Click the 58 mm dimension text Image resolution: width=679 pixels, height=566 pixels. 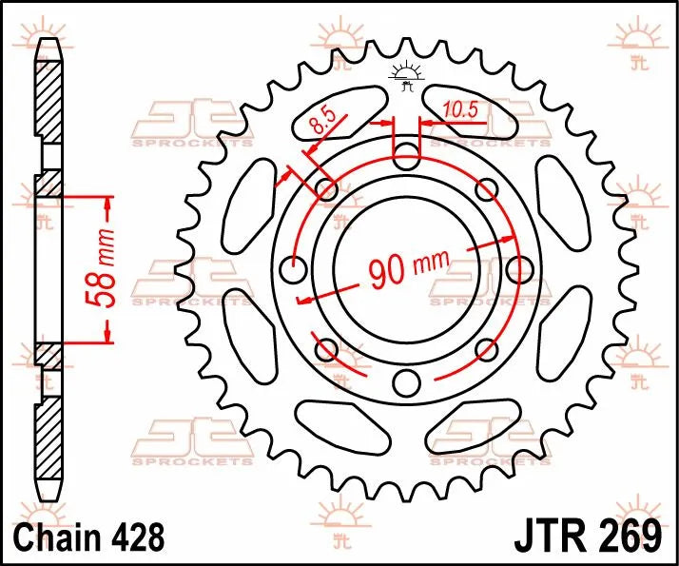[x=106, y=271]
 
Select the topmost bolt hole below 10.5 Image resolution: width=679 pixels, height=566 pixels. [x=407, y=156]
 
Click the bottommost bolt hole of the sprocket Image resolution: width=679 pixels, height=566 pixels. [x=407, y=382]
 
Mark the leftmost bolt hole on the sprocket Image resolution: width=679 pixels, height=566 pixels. [x=295, y=269]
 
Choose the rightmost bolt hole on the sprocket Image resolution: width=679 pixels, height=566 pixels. [x=519, y=269]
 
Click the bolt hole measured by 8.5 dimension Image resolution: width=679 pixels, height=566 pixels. [x=327, y=189]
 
